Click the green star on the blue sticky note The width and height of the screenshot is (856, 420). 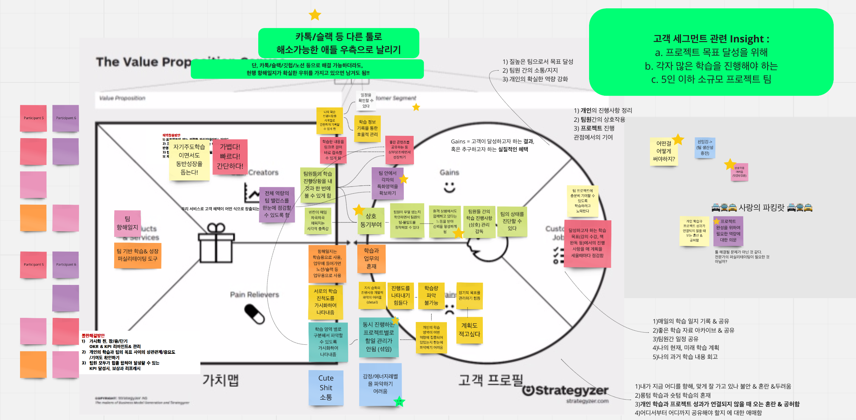[x=399, y=401]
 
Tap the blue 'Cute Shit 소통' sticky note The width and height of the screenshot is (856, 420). [x=326, y=387]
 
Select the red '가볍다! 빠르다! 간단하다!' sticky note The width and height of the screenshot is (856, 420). [x=230, y=157]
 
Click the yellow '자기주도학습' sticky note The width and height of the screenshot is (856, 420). [x=189, y=160]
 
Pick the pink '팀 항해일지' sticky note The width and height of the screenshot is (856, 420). [x=127, y=223]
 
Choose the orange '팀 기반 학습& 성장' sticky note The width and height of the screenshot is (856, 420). [x=138, y=255]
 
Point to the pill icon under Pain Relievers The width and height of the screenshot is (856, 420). [x=254, y=314]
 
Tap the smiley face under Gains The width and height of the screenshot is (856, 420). [x=449, y=187]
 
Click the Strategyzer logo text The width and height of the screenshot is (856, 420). [x=566, y=390]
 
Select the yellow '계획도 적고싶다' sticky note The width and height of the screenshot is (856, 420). [x=469, y=330]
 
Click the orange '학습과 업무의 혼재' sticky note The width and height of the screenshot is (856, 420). [x=371, y=258]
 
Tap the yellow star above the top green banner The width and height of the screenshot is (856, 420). [x=315, y=15]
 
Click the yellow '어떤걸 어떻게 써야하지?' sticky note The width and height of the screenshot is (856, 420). [x=664, y=151]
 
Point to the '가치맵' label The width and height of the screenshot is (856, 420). [x=220, y=380]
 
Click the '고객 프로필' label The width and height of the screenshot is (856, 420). [x=490, y=380]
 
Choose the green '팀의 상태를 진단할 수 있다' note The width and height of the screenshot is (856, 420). [x=512, y=221]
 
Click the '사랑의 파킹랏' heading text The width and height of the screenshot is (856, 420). [x=761, y=207]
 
